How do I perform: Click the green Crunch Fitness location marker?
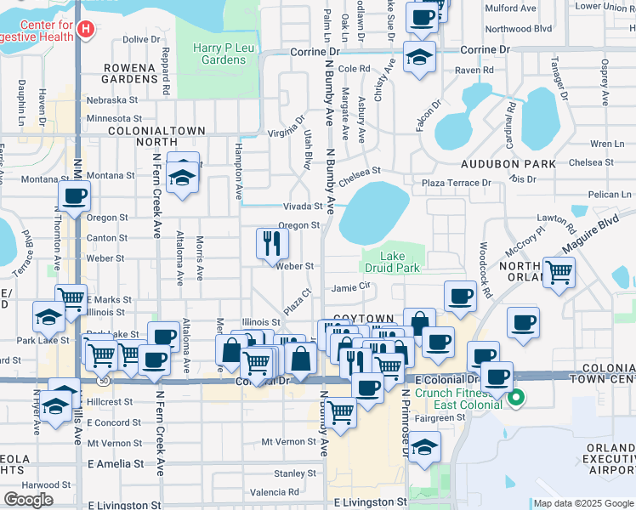point(516,397)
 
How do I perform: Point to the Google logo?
point(28,500)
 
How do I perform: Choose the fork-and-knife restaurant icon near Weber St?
point(273,243)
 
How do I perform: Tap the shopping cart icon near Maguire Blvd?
point(559,273)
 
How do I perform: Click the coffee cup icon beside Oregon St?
point(75,195)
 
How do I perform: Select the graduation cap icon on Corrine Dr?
point(419,57)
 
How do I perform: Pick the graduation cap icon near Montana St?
point(182,178)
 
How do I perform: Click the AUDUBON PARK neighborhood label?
point(508,164)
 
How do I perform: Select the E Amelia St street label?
point(116,464)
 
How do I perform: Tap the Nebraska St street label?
point(112,99)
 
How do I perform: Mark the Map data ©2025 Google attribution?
point(582,503)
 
